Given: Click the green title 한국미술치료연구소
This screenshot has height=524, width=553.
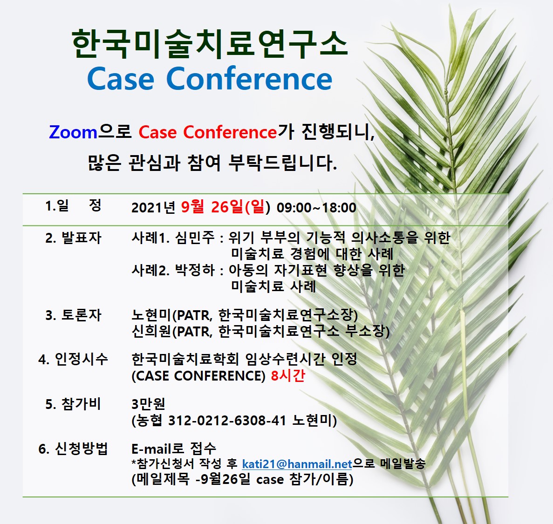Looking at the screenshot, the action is coord(210,44).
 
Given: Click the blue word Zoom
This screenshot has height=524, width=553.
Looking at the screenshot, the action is coord(73,133).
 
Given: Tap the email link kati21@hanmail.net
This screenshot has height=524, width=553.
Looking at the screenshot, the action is coord(297,464).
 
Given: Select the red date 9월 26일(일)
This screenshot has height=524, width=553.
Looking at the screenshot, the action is coord(225,207).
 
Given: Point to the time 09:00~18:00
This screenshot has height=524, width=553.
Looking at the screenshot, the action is coord(316,208).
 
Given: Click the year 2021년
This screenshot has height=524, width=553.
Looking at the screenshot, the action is coord(153,208).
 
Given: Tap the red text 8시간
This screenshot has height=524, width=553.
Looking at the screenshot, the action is coord(288,375).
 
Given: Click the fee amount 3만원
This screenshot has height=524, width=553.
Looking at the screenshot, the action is coord(148,404).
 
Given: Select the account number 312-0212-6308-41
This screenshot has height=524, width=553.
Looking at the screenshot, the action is coord(227,420).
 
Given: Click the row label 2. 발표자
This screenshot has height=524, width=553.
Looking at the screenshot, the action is coord(73,238).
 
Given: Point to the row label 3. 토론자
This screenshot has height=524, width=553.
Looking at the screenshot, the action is coord(73,315).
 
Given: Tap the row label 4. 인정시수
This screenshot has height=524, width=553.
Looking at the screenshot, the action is coord(73,359).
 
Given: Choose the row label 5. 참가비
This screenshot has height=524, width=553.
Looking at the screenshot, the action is coord(73,404).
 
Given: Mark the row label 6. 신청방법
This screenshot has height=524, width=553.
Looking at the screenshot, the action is coord(73,449).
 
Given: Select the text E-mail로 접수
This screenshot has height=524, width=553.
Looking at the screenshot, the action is coord(173,449).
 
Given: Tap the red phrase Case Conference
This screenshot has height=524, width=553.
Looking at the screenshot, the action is coord(208,132).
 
